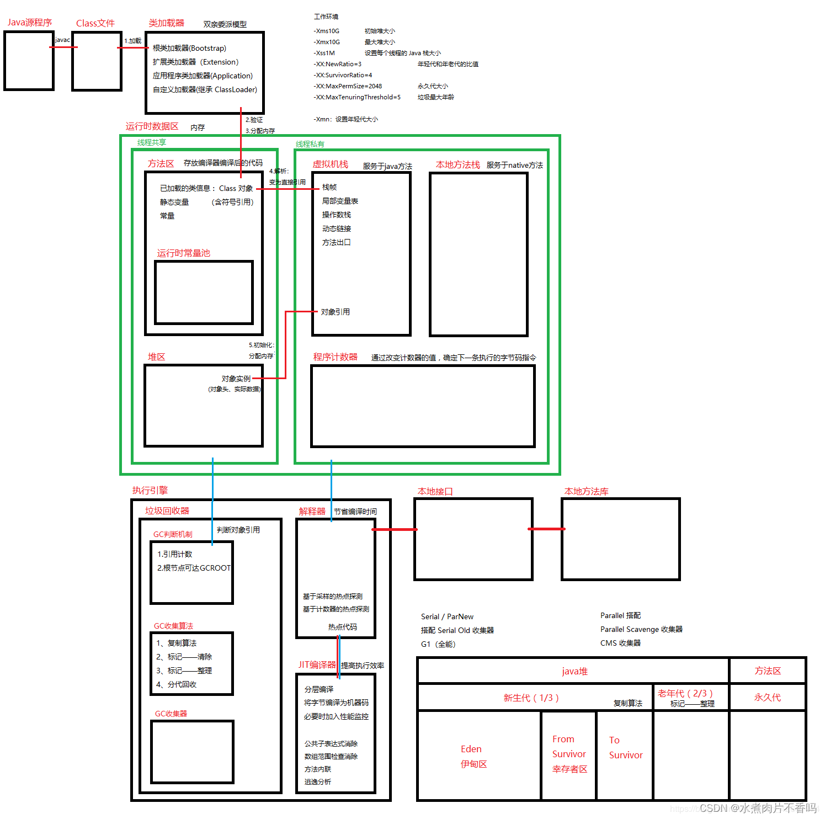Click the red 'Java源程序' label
click(x=30, y=23)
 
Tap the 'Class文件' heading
click(x=95, y=23)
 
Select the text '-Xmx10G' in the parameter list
click(x=327, y=42)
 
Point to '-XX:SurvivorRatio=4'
click(x=343, y=75)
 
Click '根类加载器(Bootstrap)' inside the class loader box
click(x=189, y=49)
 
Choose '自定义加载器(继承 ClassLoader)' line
click(x=205, y=90)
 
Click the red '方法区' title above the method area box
click(x=161, y=164)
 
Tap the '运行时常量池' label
click(x=183, y=253)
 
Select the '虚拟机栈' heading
click(x=330, y=164)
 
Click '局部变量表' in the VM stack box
click(x=340, y=201)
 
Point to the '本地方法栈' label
click(x=457, y=165)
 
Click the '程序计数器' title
click(x=335, y=357)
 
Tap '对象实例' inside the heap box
click(x=236, y=379)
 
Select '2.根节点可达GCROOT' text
click(x=194, y=568)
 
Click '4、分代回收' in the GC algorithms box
click(x=176, y=684)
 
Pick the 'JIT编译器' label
click(x=317, y=665)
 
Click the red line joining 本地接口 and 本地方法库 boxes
click(x=547, y=529)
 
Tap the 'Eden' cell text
click(x=471, y=749)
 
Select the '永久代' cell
click(x=767, y=698)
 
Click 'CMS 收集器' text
click(x=620, y=643)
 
